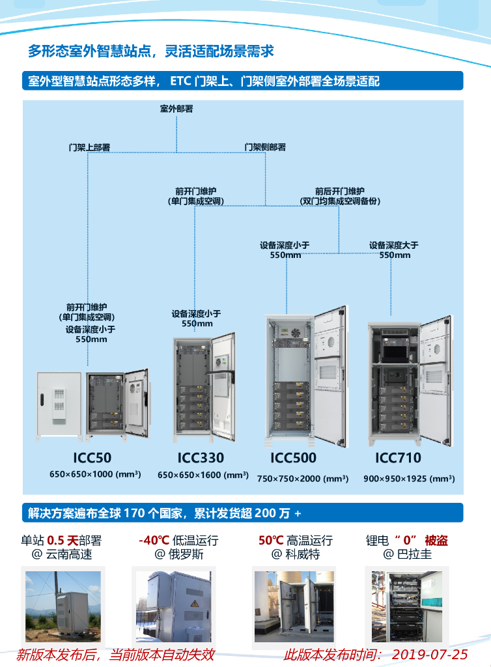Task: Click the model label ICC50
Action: [x=94, y=458]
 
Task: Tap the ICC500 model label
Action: [x=293, y=458]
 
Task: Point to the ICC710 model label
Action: [x=398, y=458]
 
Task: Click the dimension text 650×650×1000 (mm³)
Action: [x=95, y=474]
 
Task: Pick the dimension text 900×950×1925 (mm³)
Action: [x=409, y=478]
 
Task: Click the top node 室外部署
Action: [x=176, y=109]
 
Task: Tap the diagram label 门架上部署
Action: [x=89, y=147]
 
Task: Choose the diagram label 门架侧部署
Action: [x=265, y=147]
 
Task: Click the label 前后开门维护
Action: [x=340, y=192]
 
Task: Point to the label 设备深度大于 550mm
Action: [x=394, y=250]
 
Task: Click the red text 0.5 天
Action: [x=63, y=541]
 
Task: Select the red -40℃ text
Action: [x=154, y=541]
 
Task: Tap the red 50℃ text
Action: [x=269, y=541]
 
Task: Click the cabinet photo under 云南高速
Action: [x=63, y=606]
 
